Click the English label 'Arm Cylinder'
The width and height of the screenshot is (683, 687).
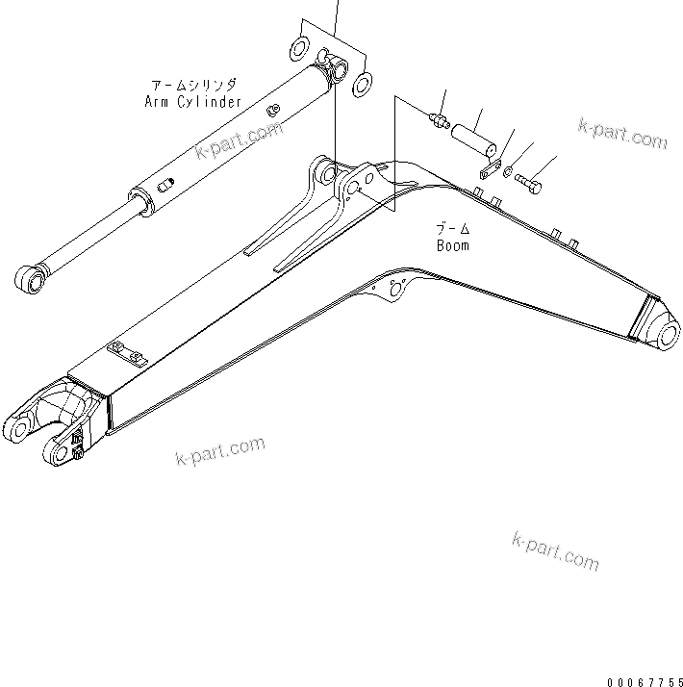(192, 100)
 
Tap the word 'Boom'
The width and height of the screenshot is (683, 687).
(452, 245)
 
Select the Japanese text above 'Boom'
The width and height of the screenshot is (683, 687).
(451, 229)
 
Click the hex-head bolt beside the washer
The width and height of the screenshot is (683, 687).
(529, 180)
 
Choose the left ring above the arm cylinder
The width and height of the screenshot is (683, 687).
(300, 47)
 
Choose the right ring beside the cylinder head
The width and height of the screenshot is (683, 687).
(362, 82)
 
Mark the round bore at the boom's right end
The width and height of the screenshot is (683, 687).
(667, 332)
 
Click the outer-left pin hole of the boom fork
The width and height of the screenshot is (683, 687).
(16, 426)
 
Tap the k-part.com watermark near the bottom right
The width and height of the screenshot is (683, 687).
(555, 551)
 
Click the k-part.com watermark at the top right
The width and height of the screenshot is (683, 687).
(622, 134)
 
